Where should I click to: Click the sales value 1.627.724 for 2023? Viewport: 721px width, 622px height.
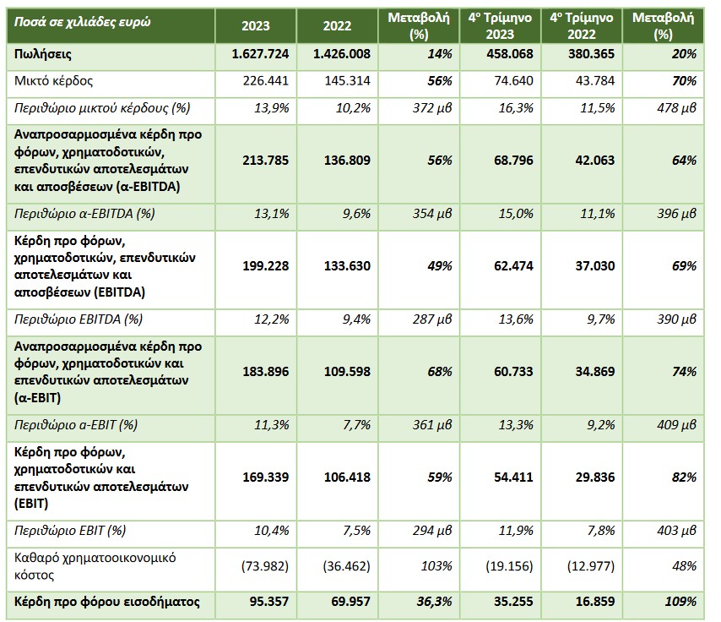point(260,54)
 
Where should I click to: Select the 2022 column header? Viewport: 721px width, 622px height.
point(337,26)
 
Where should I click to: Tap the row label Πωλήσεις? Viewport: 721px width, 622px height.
point(43,55)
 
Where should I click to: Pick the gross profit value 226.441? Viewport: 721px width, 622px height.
point(266,81)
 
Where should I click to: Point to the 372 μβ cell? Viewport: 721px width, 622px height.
point(432,108)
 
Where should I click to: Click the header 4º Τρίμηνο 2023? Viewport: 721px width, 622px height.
point(500,26)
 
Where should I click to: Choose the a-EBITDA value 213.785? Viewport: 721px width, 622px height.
point(266,161)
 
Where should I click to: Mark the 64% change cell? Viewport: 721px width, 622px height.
point(684,161)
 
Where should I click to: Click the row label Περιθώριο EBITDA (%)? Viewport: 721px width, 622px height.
point(79,319)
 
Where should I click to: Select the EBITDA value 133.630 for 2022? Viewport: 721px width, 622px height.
point(347,266)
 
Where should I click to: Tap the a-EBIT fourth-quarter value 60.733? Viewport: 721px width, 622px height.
point(513,372)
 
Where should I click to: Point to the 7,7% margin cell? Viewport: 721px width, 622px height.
point(357,425)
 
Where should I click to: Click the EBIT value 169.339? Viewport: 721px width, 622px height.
point(266,477)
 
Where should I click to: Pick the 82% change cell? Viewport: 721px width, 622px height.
point(684,477)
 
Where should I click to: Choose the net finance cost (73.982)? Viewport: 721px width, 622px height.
point(265,566)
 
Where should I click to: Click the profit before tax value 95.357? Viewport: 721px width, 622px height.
point(269,602)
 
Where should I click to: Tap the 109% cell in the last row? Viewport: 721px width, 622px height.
point(681,602)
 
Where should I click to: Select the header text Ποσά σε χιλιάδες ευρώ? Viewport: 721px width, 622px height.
point(82,22)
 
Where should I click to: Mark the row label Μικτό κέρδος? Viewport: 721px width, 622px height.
point(54,81)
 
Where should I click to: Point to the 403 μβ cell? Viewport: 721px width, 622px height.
point(677,531)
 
